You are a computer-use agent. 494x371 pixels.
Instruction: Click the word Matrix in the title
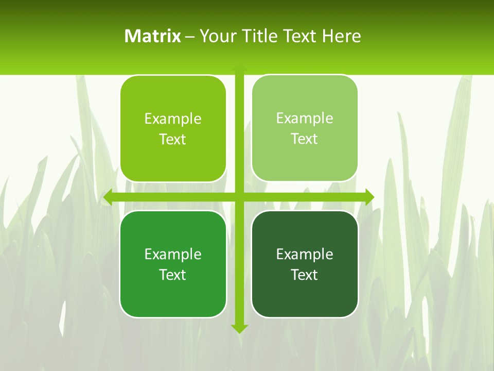(152, 36)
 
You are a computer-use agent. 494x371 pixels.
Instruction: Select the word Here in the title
(342, 36)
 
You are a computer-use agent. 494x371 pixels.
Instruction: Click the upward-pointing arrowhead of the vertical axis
(239, 69)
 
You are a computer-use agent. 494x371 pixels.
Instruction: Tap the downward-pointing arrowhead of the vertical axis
(239, 329)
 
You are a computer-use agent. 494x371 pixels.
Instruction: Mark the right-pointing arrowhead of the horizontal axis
(369, 197)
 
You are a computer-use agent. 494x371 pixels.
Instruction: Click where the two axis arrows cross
(239, 197)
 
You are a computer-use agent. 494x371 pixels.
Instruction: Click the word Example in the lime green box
(173, 119)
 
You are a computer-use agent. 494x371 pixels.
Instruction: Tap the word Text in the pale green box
(305, 139)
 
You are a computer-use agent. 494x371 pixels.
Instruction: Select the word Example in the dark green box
(305, 254)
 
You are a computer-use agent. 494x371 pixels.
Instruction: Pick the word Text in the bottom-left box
(173, 275)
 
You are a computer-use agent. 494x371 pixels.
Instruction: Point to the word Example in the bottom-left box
(173, 254)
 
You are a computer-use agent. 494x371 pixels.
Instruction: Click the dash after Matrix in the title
(190, 37)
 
